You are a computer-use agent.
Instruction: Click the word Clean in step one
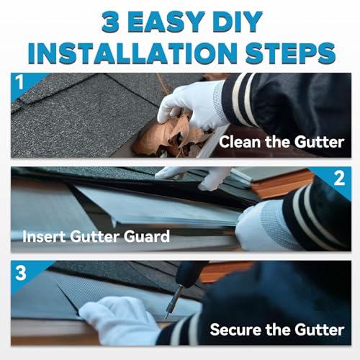(240, 142)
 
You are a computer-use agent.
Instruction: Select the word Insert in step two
(45, 235)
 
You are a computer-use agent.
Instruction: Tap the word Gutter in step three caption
(317, 330)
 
